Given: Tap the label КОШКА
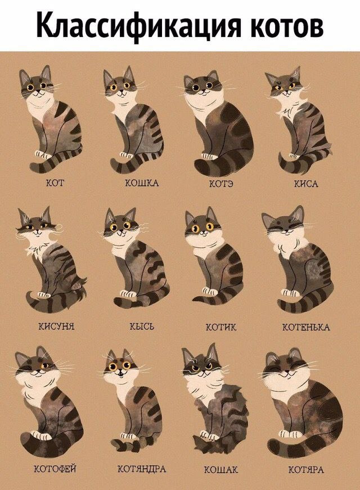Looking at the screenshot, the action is pos(142,183).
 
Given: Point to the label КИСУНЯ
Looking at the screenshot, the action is pos(56,326).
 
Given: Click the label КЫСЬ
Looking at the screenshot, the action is pos(142,326).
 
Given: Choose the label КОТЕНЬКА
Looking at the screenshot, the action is pos(306,327).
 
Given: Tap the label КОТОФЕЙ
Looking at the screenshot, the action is pos(55,469).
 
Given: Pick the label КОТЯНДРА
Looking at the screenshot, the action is pos(142,469).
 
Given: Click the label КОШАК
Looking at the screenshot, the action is pos(221,470).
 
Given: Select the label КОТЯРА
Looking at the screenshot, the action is pos(306,469).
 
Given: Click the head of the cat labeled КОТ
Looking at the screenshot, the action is pos(36,84).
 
